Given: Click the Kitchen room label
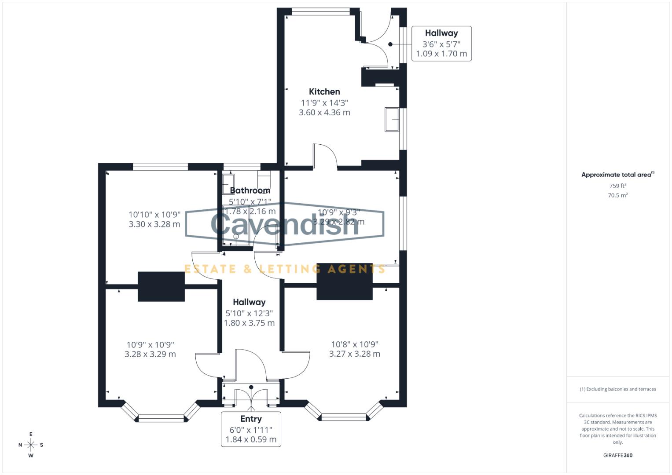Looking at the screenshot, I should (x=324, y=91).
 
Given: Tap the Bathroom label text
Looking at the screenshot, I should (x=250, y=190).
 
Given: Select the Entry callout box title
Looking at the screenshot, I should (x=251, y=419).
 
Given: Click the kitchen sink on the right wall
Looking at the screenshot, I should (x=392, y=119).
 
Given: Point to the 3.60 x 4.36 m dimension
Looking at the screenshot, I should (x=324, y=113).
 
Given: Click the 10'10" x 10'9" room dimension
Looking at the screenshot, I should (x=154, y=215).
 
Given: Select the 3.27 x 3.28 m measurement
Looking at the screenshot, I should (x=354, y=354).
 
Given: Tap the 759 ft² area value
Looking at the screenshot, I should (x=617, y=186).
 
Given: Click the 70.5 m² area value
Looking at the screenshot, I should (x=617, y=195).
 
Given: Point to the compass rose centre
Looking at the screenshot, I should (x=31, y=445).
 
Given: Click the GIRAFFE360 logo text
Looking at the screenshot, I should (x=617, y=455).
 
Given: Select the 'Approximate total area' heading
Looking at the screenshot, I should (x=617, y=175).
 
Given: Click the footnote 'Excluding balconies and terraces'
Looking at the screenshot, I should (x=617, y=389).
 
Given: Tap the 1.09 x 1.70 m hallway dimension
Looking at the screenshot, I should (x=441, y=54).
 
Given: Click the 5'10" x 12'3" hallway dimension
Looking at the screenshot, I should (x=249, y=314).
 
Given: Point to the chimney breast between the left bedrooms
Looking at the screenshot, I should (x=161, y=286).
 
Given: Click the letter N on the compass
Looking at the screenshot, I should (x=20, y=445).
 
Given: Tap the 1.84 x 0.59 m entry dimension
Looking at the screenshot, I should (x=251, y=439).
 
